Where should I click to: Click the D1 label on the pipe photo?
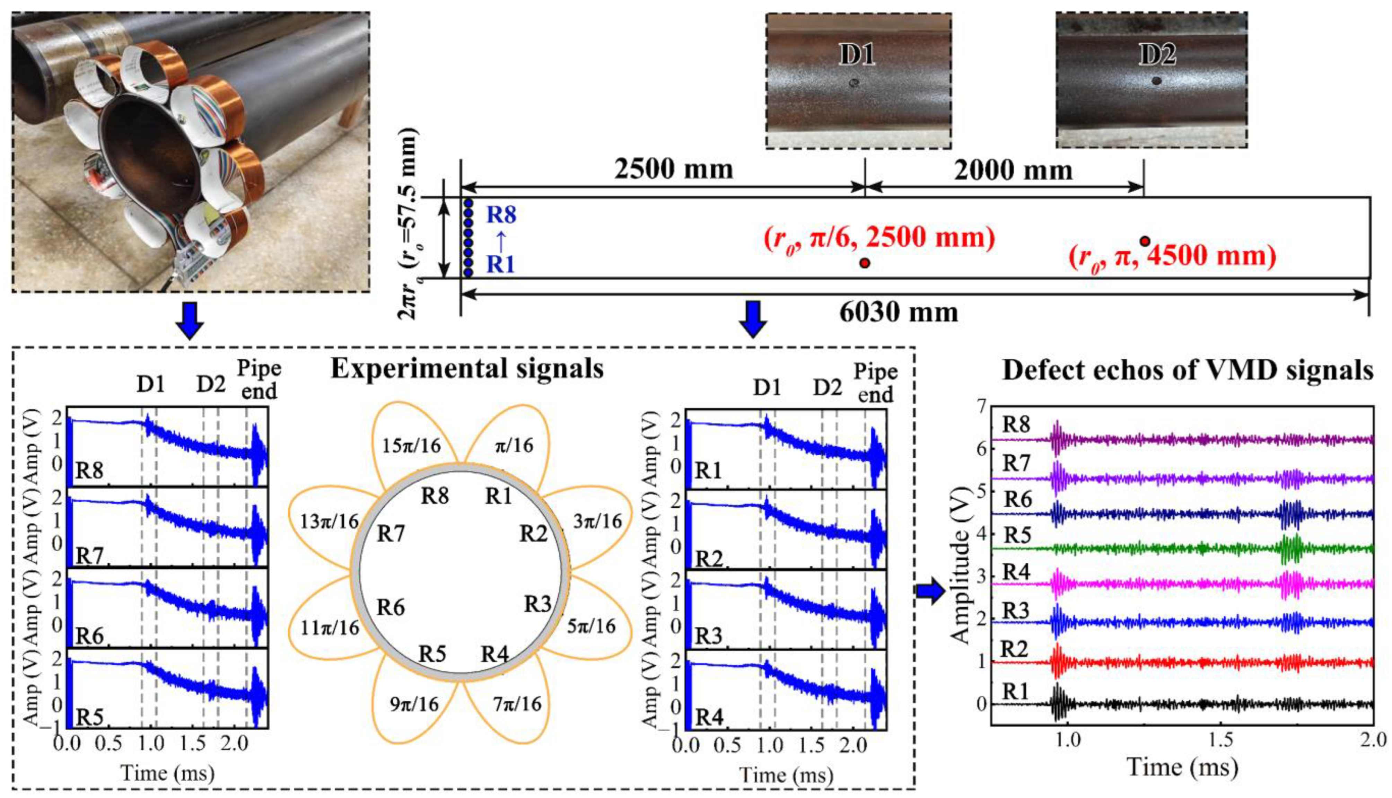click(x=857, y=55)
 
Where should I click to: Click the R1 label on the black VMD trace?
click(x=1015, y=692)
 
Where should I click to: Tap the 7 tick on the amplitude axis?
click(x=980, y=406)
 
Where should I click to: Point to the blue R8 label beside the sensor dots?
click(x=501, y=215)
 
